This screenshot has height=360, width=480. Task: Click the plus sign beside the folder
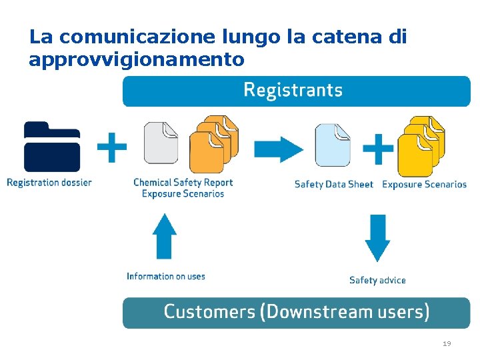tap(112, 147)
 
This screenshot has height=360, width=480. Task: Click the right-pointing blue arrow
tap(279, 149)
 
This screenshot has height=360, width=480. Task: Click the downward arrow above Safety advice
tap(377, 237)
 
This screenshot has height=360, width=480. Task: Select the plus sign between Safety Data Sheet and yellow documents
tap(378, 149)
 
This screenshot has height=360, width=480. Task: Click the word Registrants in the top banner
tap(293, 90)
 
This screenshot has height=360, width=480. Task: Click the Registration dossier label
tap(49, 182)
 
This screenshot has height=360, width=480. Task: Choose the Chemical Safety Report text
tap(183, 182)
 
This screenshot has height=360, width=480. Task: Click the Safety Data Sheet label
tap(333, 184)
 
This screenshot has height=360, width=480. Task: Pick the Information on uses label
tap(166, 276)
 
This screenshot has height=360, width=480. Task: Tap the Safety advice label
tap(377, 280)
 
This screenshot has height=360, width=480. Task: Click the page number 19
tap(447, 344)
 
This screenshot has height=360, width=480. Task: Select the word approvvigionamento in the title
tap(137, 60)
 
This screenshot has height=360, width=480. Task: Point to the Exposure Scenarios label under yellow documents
tap(424, 184)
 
